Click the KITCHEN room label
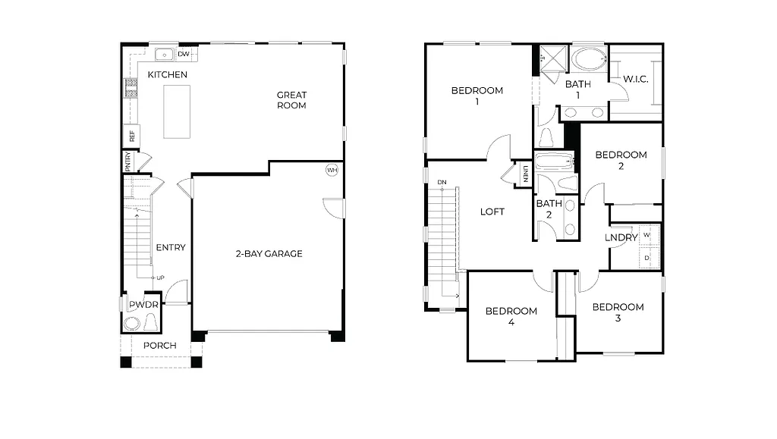pyautogui.click(x=167, y=74)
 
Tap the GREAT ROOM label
pyautogui.click(x=291, y=100)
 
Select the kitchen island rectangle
pyautogui.click(x=177, y=111)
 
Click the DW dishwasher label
pyautogui.click(x=184, y=55)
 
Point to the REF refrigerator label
pyautogui.click(x=132, y=136)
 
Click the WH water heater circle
pyautogui.click(x=332, y=170)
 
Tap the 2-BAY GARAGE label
pyautogui.click(x=269, y=253)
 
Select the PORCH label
pyautogui.click(x=160, y=346)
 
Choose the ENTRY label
pyautogui.click(x=171, y=247)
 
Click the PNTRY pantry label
pyautogui.click(x=128, y=161)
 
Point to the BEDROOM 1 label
pyautogui.click(x=477, y=96)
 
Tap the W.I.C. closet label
pyautogui.click(x=635, y=79)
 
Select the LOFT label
pyautogui.click(x=492, y=212)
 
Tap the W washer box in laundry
pyautogui.click(x=646, y=235)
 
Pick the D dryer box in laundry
pyautogui.click(x=646, y=258)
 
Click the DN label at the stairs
pyautogui.click(x=442, y=182)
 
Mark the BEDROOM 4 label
pyautogui.click(x=511, y=316)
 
